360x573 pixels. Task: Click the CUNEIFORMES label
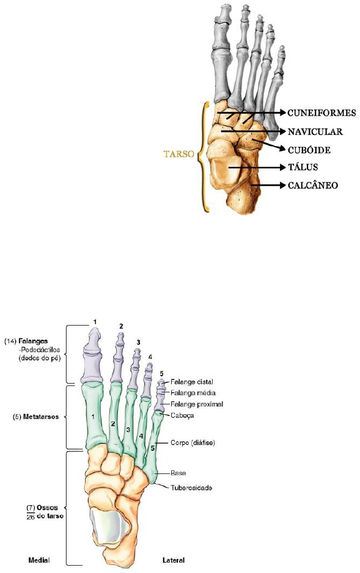(x=321, y=112)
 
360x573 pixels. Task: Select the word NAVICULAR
(x=315, y=131)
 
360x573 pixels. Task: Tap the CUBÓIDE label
(x=309, y=150)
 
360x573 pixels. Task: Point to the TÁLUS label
(x=303, y=167)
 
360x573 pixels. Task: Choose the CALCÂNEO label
(x=312, y=185)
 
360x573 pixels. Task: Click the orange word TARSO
(x=178, y=153)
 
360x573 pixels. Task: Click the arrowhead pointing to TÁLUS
(x=282, y=167)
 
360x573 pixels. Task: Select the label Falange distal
(x=192, y=382)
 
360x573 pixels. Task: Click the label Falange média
(x=193, y=393)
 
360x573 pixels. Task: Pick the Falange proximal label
(x=197, y=404)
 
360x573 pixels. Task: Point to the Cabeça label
(x=182, y=415)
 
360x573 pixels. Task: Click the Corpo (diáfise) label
(x=193, y=442)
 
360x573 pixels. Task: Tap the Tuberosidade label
(x=191, y=487)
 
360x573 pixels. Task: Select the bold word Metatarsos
(x=40, y=417)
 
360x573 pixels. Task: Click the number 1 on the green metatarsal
(x=93, y=416)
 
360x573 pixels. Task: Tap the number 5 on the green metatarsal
(x=152, y=448)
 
